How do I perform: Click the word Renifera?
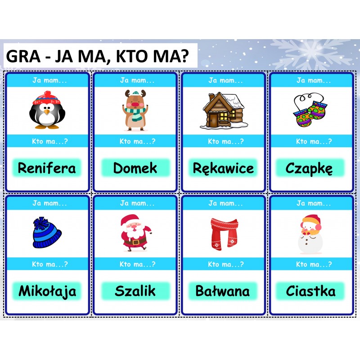click(47, 168)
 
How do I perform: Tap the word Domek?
click(135, 168)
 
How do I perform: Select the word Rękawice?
click(223, 168)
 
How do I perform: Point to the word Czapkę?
click(309, 168)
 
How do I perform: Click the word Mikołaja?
click(47, 291)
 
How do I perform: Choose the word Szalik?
click(135, 291)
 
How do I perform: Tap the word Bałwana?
click(222, 291)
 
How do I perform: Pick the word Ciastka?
click(310, 291)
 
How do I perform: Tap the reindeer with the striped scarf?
click(135, 110)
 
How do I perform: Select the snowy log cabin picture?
click(224, 110)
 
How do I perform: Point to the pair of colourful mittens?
click(310, 110)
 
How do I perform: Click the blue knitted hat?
click(47, 233)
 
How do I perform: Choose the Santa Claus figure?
click(135, 233)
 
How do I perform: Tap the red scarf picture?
click(224, 234)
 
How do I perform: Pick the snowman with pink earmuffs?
click(310, 234)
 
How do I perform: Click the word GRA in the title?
click(23, 56)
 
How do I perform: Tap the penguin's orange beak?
click(47, 112)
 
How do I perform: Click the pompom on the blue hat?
click(41, 222)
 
